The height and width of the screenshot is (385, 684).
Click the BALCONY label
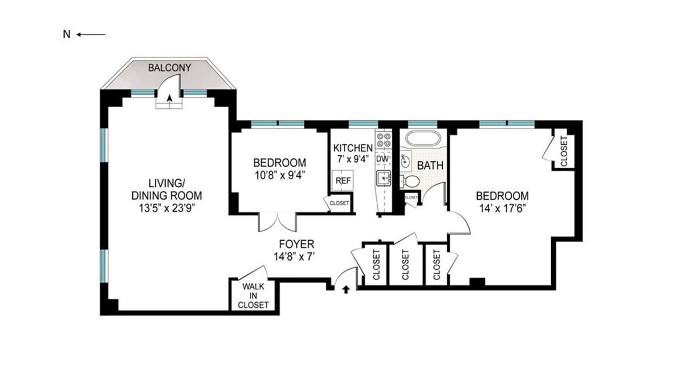(169, 68)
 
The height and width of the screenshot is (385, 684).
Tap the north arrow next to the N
(91, 35)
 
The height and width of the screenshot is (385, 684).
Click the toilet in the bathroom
(411, 181)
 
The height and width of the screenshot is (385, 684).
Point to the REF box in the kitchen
(342, 180)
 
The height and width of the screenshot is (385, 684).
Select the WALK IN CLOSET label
(254, 295)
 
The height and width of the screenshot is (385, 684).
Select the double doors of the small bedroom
(277, 221)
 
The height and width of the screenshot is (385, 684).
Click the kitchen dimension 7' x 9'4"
(353, 160)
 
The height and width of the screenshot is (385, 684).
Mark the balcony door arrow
(170, 99)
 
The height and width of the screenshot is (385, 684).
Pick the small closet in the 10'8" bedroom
(340, 202)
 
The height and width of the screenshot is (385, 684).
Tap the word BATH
(430, 166)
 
